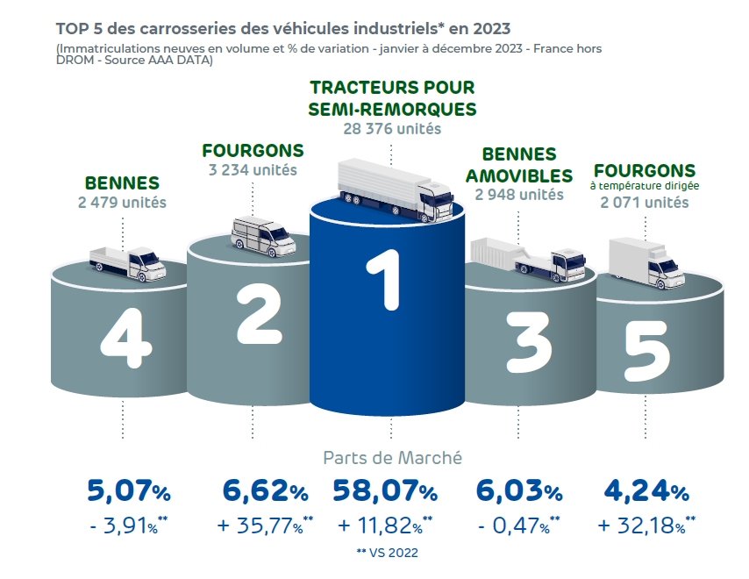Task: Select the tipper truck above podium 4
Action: tap(127, 261)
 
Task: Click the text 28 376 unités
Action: tap(392, 129)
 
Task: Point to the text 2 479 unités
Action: tap(122, 203)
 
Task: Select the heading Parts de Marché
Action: tap(392, 457)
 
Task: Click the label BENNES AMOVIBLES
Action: tap(518, 165)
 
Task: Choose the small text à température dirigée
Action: tap(645, 186)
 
